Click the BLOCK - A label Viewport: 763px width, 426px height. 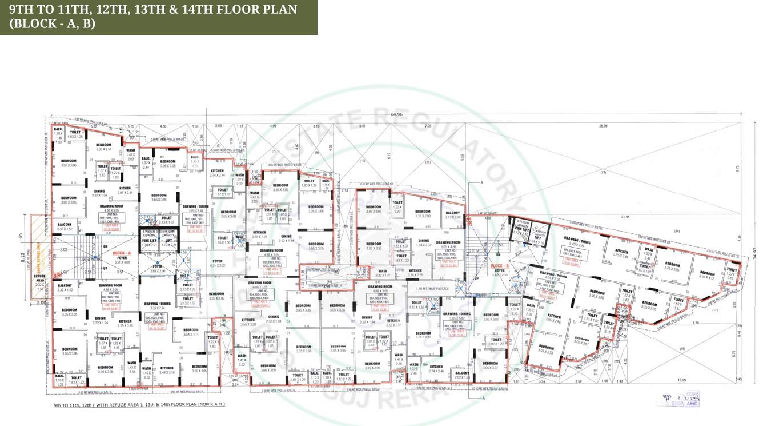(x=122, y=252)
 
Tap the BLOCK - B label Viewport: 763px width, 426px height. (x=500, y=266)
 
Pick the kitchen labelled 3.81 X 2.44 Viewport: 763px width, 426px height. (x=125, y=190)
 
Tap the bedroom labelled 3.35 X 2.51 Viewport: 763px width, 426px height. (x=103, y=147)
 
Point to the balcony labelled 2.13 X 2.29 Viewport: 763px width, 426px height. (x=452, y=214)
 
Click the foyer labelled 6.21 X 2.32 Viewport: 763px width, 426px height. (x=218, y=263)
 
